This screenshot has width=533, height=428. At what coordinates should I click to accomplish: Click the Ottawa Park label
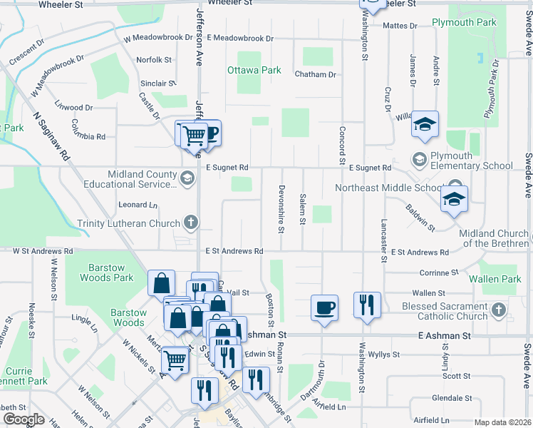click(x=254, y=71)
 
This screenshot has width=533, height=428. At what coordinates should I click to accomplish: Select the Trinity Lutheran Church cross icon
click(x=190, y=223)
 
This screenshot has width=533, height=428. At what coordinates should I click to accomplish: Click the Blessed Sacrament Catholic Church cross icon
click(x=498, y=310)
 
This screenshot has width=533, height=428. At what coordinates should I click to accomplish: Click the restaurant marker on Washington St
click(x=367, y=305)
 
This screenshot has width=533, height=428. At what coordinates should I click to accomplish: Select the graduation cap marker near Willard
click(x=425, y=125)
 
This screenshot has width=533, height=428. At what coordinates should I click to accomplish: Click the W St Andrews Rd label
click(x=43, y=251)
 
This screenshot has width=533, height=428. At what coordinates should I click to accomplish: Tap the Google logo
click(x=24, y=419)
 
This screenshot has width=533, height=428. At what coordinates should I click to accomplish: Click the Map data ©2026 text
click(x=502, y=422)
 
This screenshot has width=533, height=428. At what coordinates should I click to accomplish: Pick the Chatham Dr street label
click(x=314, y=74)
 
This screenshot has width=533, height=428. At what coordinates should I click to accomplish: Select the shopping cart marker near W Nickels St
click(x=175, y=359)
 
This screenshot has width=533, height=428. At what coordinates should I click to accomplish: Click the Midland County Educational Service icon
click(x=187, y=178)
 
